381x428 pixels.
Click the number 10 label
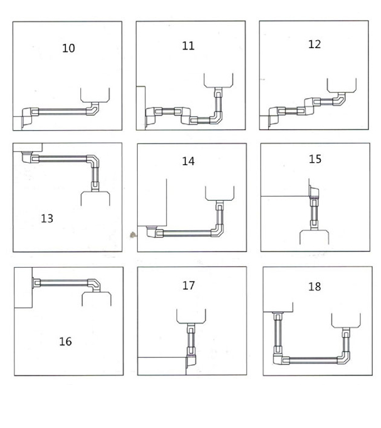pyautogui.click(x=69, y=48)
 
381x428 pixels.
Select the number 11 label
pyautogui.click(x=188, y=46)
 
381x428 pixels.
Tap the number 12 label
pyautogui.click(x=315, y=44)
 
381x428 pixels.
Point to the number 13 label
pyautogui.click(x=47, y=218)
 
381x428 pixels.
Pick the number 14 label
pyautogui.click(x=188, y=161)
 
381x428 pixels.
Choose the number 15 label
pyautogui.click(x=315, y=159)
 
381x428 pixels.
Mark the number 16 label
pyautogui.click(x=65, y=341)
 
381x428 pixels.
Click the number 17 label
pyautogui.click(x=189, y=285)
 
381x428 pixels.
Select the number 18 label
pyautogui.click(x=315, y=287)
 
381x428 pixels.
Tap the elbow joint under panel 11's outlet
pyautogui.click(x=216, y=116)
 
